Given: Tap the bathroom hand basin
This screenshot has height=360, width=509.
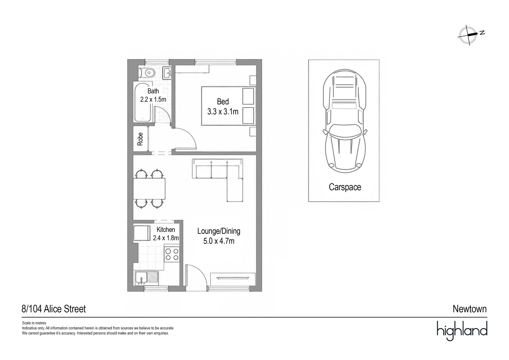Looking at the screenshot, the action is [167, 73].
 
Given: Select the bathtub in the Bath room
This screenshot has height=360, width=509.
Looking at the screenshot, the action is [143, 102].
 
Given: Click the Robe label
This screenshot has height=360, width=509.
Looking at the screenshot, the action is [140, 139].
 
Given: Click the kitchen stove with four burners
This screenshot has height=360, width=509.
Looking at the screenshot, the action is [172, 254].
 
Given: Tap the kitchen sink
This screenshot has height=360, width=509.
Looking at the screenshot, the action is [147, 278].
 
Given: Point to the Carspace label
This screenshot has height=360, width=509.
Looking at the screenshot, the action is [345, 187].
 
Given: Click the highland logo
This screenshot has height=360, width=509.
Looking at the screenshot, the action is [462, 331].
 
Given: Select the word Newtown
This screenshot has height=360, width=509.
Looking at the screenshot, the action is [470, 309].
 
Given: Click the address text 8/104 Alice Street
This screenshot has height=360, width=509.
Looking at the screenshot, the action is [54, 309].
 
